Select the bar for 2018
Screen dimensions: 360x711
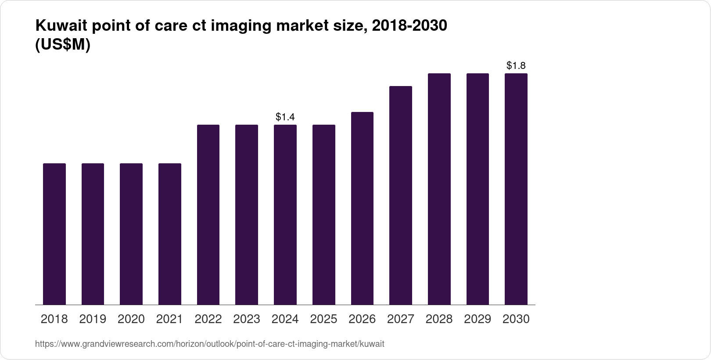[x=54, y=234]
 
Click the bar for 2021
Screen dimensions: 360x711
[x=170, y=234]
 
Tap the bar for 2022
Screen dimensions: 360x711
[x=208, y=215]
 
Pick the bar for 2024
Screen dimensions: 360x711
[x=285, y=215]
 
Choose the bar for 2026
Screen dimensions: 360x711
[x=362, y=208]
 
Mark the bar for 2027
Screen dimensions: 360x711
[x=401, y=195]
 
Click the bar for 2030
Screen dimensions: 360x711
[x=516, y=189]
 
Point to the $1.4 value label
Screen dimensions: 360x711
[x=285, y=117]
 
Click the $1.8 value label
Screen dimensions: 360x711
[x=516, y=66]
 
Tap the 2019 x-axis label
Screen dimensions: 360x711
[x=93, y=319]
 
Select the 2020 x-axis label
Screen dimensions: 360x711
[x=131, y=319]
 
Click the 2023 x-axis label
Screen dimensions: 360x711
[x=247, y=319]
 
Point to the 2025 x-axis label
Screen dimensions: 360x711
[x=324, y=319]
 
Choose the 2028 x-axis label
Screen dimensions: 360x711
[x=439, y=319]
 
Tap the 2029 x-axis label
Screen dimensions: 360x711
[x=478, y=319]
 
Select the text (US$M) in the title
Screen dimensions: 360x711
[x=62, y=45]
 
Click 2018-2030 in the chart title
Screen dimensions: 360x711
[x=409, y=26]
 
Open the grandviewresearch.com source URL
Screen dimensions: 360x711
[x=209, y=344]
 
